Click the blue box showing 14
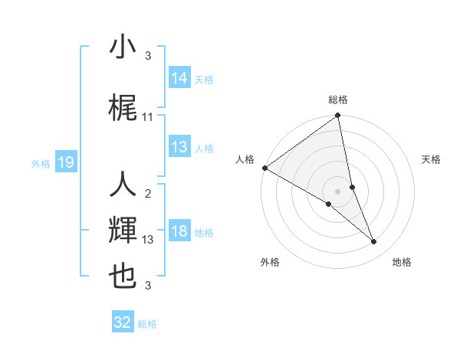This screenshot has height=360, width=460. pos(179,78)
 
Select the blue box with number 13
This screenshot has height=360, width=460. pos(179,148)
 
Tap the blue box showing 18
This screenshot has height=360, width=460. pos(179,232)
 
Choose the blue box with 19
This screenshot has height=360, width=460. pos(65,162)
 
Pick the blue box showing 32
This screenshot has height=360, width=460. pos(123,322)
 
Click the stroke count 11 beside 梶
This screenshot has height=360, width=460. pos(148,117)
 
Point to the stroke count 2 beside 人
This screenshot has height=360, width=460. pos(148,194)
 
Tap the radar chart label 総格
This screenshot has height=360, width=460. pos(338,100)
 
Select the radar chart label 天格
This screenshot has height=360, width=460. pos(432,159)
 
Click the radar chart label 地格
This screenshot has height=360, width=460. pos(402,262)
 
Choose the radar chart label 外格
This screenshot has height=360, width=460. pos(270,262)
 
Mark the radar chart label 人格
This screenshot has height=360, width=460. pos(245,159)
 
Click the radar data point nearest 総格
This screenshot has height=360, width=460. pos(338,116)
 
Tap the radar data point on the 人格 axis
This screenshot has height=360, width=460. pos(264,168)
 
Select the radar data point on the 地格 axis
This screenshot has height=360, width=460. pos(374,242)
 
